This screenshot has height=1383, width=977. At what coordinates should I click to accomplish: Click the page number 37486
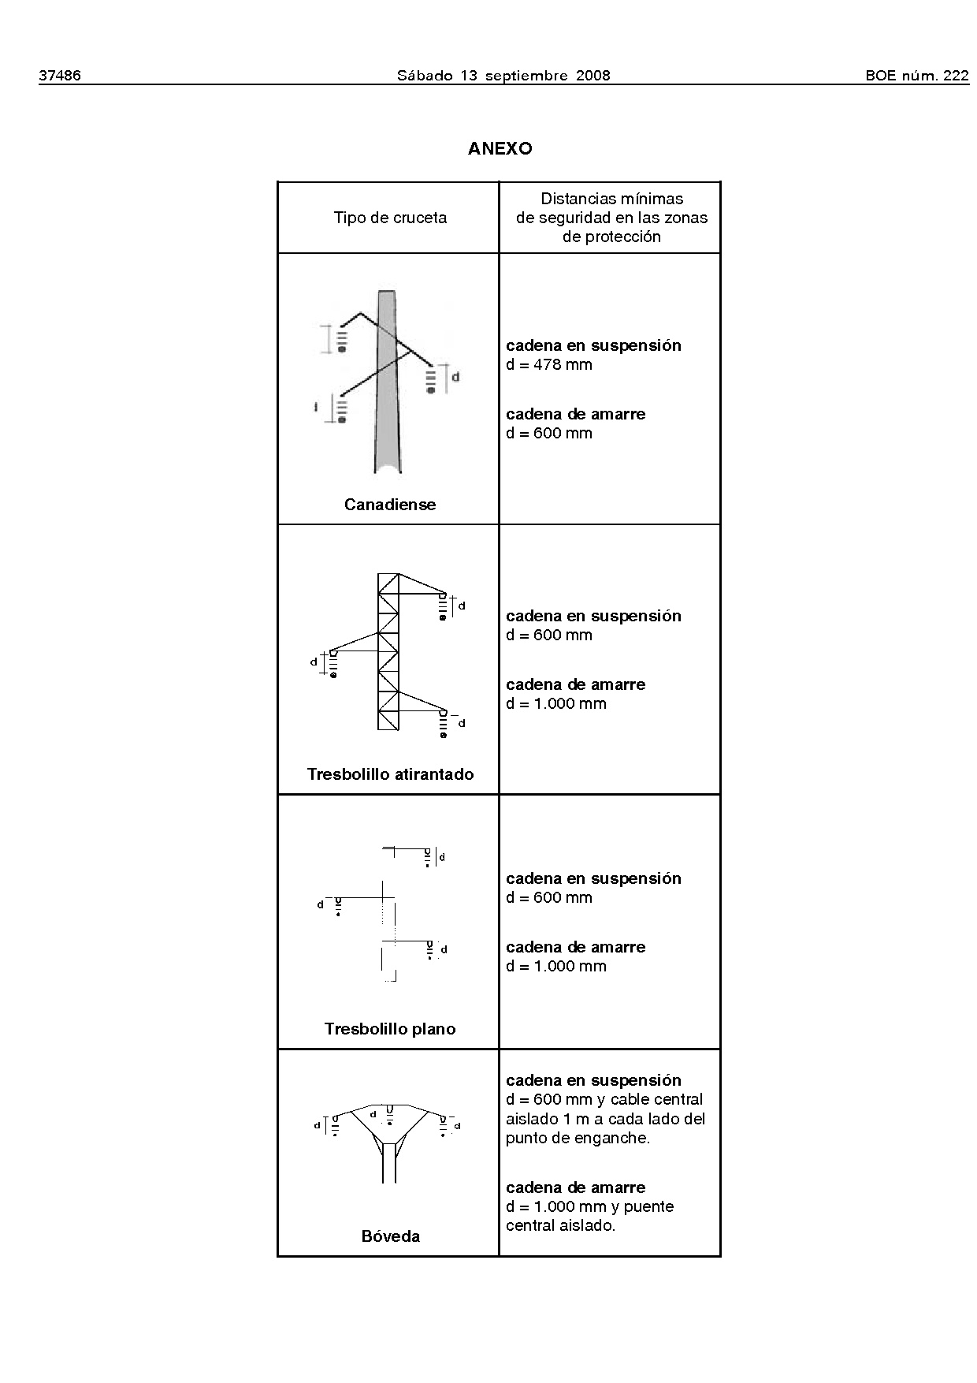tap(60, 76)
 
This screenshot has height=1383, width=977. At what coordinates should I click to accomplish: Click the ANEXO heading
tap(500, 148)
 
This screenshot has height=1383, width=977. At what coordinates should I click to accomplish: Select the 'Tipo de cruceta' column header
tap(390, 218)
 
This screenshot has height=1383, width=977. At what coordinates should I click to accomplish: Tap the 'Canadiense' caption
tap(390, 505)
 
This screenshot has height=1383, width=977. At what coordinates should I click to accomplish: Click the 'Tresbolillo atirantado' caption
tap(390, 774)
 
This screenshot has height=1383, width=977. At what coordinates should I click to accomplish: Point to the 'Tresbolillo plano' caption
tap(390, 1029)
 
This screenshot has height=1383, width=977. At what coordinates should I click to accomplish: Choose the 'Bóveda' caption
tap(390, 1236)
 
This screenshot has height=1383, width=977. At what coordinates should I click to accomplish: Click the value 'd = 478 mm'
tap(549, 364)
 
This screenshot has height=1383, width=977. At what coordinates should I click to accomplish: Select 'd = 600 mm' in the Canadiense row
tap(549, 433)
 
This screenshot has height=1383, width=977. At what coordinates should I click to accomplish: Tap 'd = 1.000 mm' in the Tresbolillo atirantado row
tap(556, 703)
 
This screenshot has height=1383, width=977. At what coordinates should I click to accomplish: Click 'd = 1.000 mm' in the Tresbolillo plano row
tap(556, 966)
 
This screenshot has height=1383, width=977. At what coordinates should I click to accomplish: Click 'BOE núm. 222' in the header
tap(916, 76)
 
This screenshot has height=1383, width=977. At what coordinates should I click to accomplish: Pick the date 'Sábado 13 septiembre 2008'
tap(503, 76)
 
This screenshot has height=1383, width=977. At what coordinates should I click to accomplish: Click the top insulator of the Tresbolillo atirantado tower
tap(443, 606)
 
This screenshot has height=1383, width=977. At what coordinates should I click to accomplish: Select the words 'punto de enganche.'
tap(578, 1138)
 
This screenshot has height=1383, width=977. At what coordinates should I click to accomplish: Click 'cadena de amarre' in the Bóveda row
tap(575, 1187)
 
